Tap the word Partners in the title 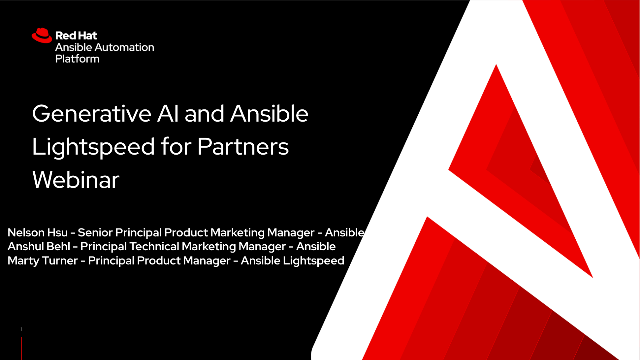245,147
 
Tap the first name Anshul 26,246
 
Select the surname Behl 59,246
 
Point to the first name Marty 24,260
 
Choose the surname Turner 62,260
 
